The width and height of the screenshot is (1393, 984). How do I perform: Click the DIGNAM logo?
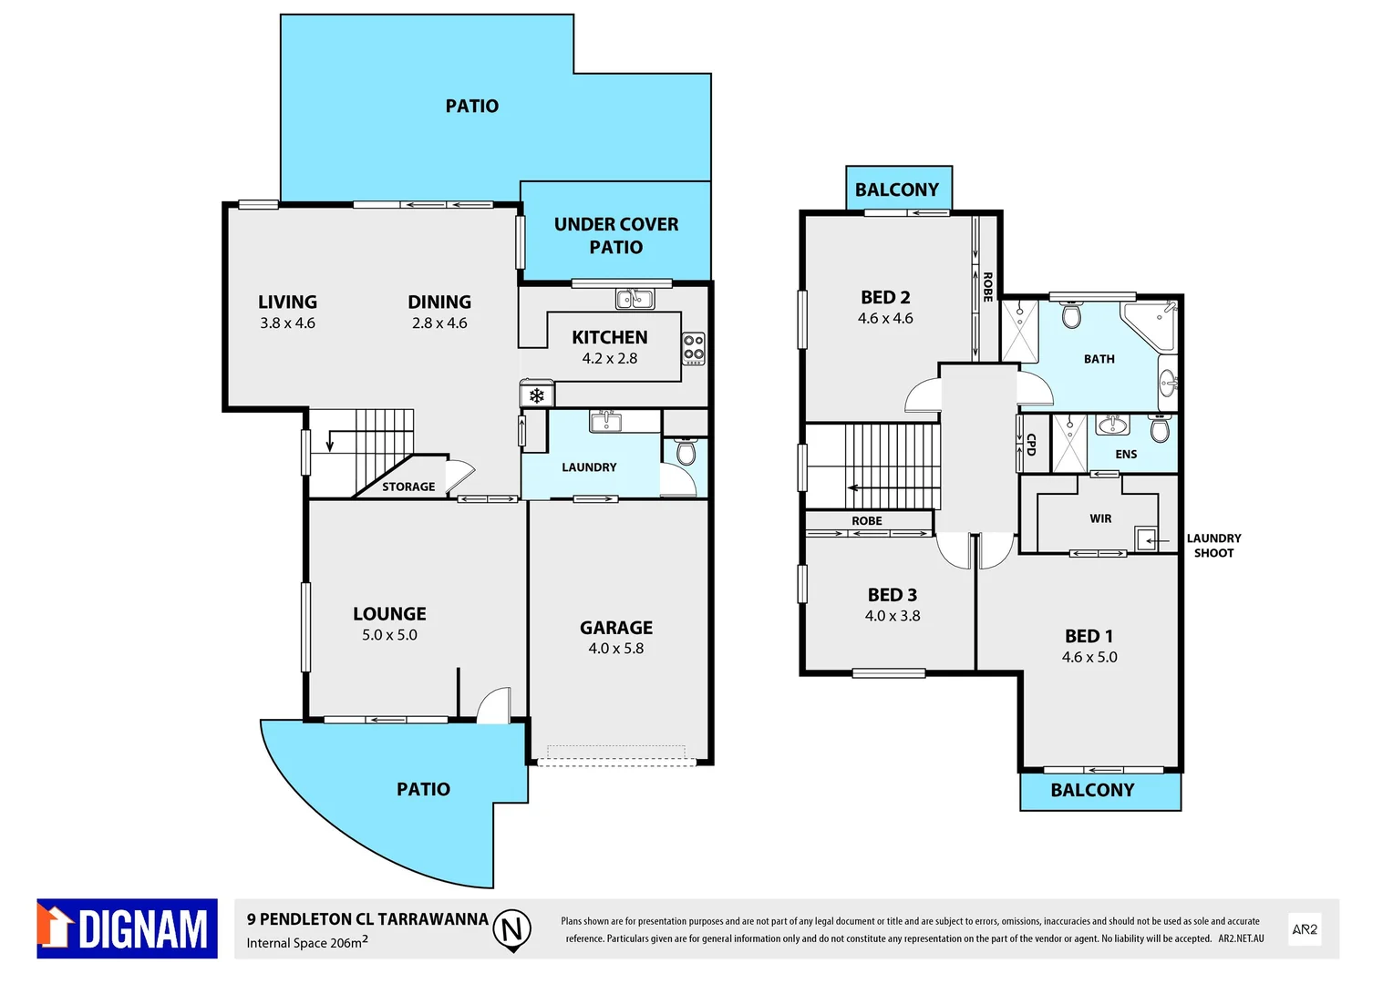click(x=127, y=928)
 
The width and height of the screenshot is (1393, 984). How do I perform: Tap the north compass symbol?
click(x=512, y=929)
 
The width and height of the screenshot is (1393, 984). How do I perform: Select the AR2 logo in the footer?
click(x=1305, y=929)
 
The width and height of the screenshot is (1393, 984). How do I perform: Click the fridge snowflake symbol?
click(x=537, y=395)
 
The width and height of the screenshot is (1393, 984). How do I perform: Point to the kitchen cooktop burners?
click(x=694, y=348)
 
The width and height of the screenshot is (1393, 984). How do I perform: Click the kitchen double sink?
click(x=635, y=298)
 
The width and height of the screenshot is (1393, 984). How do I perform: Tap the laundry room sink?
click(x=605, y=422)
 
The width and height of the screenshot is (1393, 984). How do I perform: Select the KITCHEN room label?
click(x=609, y=337)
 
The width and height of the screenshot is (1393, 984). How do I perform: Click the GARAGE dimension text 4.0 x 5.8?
click(x=615, y=649)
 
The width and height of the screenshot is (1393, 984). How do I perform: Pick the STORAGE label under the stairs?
click(x=408, y=487)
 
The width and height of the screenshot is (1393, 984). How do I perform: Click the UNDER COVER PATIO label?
click(x=616, y=235)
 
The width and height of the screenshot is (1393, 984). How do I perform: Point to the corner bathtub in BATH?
click(x=1151, y=324)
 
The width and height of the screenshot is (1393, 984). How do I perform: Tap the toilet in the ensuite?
click(x=1159, y=428)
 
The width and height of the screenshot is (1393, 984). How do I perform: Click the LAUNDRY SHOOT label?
click(x=1213, y=546)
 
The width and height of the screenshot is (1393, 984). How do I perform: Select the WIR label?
click(x=1100, y=518)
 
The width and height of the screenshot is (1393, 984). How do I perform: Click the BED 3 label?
click(x=892, y=595)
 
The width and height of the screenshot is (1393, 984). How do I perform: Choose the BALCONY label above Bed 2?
click(x=896, y=190)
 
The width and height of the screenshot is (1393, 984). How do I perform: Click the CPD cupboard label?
click(x=1031, y=444)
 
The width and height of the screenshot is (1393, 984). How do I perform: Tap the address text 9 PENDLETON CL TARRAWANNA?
click(x=367, y=919)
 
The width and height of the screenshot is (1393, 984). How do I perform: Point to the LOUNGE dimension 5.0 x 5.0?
click(x=389, y=635)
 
